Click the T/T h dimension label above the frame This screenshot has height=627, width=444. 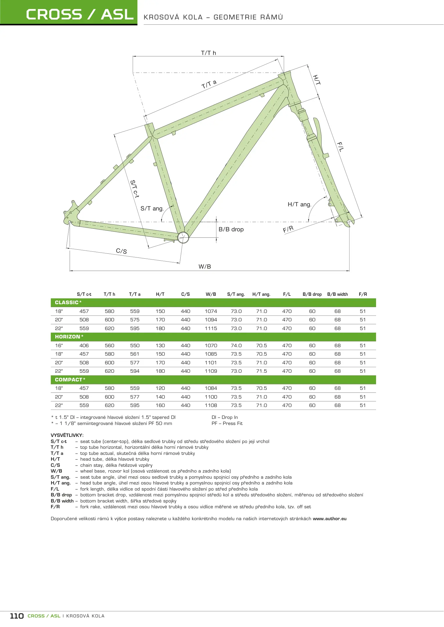click(x=208, y=53)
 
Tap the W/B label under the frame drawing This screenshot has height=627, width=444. click(x=205, y=266)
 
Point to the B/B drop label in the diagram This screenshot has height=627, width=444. click(x=231, y=229)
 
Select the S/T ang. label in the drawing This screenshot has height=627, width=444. click(x=152, y=208)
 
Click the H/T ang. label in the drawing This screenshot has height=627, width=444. click(x=299, y=204)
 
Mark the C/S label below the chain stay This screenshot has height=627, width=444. click(x=121, y=251)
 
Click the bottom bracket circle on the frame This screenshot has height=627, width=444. click(x=183, y=237)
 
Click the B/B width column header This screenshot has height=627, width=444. click(x=337, y=294)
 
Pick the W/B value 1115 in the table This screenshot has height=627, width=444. click(x=211, y=328)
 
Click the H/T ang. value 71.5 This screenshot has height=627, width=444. click(x=262, y=371)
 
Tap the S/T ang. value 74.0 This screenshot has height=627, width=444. click(x=236, y=345)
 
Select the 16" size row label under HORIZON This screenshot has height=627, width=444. click(x=59, y=345)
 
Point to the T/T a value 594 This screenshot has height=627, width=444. click(x=135, y=371)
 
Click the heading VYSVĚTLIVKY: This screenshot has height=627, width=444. click(x=67, y=435)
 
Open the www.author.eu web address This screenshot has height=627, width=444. click(x=330, y=519)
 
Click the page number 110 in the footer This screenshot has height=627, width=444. click(x=17, y=616)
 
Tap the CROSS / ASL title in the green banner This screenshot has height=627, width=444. click(x=80, y=15)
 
